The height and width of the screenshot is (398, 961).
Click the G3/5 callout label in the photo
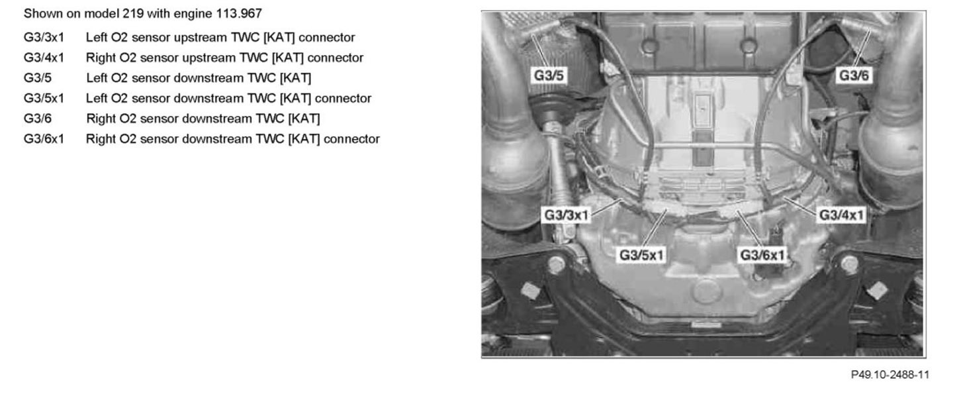click(x=549, y=75)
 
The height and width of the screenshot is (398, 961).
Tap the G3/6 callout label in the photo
click(x=854, y=75)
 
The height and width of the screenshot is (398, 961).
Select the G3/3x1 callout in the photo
click(x=567, y=215)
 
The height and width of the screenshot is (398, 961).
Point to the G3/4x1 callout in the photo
click(x=842, y=215)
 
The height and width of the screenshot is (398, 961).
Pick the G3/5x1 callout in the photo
click(x=642, y=254)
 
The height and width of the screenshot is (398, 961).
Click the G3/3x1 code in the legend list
click(x=44, y=37)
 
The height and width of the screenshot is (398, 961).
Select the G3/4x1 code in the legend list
click(x=44, y=58)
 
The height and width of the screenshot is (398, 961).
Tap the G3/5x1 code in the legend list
click(x=44, y=99)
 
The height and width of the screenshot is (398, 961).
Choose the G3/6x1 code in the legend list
click(x=44, y=139)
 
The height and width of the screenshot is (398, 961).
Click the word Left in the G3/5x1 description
click(x=97, y=99)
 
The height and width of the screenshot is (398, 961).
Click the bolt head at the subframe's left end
click(x=557, y=266)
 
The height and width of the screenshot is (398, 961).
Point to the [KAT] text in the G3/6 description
click(x=300, y=119)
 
